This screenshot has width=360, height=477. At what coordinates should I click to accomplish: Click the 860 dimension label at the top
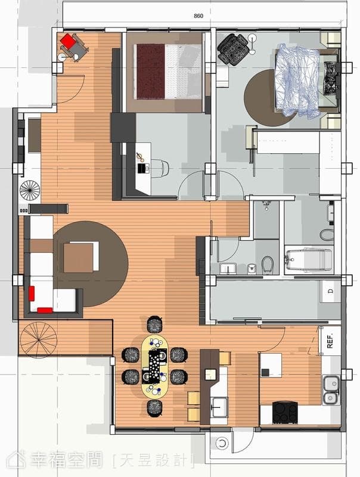pos(198,16)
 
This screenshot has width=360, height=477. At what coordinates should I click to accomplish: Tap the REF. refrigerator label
pos(330,340)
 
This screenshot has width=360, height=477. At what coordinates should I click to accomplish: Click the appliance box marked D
pos(331,291)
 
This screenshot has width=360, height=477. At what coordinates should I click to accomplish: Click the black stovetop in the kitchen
pos(285,413)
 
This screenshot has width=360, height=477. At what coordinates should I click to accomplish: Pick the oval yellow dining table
pos(155,367)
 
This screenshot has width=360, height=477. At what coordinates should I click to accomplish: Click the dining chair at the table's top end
pos(154,324)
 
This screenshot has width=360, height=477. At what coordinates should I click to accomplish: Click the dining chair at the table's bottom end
pos(154,408)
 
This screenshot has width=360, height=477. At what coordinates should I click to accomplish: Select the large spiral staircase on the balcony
pos(39,340)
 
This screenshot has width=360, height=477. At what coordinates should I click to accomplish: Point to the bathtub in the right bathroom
pos(309,261)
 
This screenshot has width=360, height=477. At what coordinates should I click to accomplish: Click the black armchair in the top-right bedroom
pos(234,49)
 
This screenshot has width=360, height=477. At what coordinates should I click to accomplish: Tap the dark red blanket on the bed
pos(151,72)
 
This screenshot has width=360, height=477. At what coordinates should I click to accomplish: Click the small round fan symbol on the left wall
pos(30,190)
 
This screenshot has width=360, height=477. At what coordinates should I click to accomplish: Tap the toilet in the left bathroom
pos(268,264)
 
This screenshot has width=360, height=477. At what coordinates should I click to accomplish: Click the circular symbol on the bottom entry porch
pos(222,443)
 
